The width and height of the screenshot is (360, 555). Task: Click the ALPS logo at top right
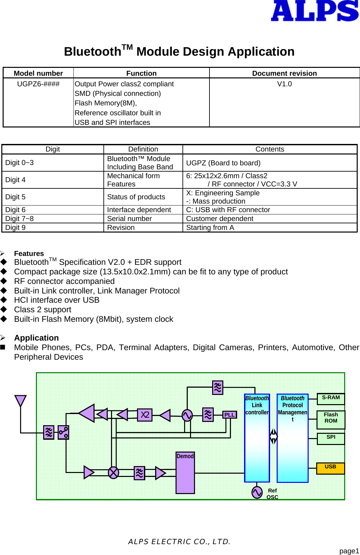click(x=314, y=11)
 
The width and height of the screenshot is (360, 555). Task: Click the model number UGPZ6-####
click(x=38, y=84)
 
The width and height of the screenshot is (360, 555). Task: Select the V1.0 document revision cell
click(x=284, y=84)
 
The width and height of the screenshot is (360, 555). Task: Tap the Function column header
click(x=141, y=73)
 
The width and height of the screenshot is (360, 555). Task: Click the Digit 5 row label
click(x=15, y=197)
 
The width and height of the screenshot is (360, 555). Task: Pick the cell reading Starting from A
click(x=210, y=228)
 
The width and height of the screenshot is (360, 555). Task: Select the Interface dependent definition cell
click(x=139, y=210)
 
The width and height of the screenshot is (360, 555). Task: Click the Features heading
click(x=29, y=253)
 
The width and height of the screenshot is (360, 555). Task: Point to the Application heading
click(x=36, y=338)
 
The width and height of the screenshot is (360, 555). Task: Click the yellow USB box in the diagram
click(x=330, y=468)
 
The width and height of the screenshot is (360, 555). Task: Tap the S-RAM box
click(x=331, y=399)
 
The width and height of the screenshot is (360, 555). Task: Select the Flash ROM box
click(x=331, y=419)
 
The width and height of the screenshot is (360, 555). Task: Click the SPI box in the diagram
click(x=331, y=438)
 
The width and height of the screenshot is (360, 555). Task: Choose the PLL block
click(x=230, y=415)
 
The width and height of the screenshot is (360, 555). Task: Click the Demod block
click(x=185, y=472)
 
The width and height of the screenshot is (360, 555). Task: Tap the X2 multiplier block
click(x=145, y=415)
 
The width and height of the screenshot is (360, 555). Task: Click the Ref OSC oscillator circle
click(x=257, y=492)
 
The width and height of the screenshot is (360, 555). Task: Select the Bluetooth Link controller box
click(x=257, y=438)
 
